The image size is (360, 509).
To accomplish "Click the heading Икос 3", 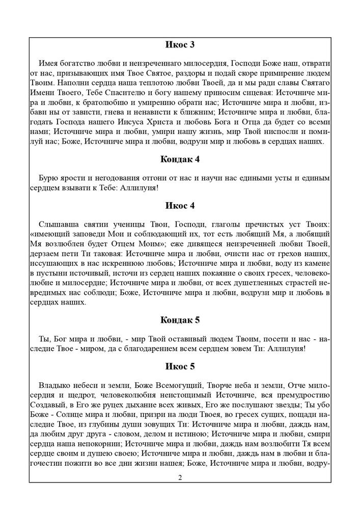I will pos(180,45).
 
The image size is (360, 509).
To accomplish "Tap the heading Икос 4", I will pos(180,206).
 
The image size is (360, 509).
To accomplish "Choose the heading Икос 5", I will pos(180,366).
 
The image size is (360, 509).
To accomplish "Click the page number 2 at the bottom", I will pos(180,477).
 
